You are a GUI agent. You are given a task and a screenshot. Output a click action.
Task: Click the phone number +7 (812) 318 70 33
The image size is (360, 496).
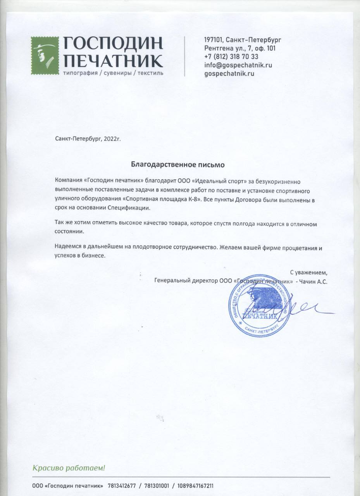(x=231, y=57)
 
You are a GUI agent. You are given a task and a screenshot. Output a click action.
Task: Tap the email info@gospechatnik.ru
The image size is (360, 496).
(x=238, y=65)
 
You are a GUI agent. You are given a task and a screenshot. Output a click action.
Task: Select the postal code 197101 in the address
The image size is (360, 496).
(x=213, y=40)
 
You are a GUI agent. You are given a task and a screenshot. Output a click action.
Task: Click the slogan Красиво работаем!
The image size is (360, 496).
(x=69, y=468)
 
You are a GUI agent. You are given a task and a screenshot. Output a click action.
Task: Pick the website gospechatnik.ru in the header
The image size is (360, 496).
(x=229, y=73)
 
